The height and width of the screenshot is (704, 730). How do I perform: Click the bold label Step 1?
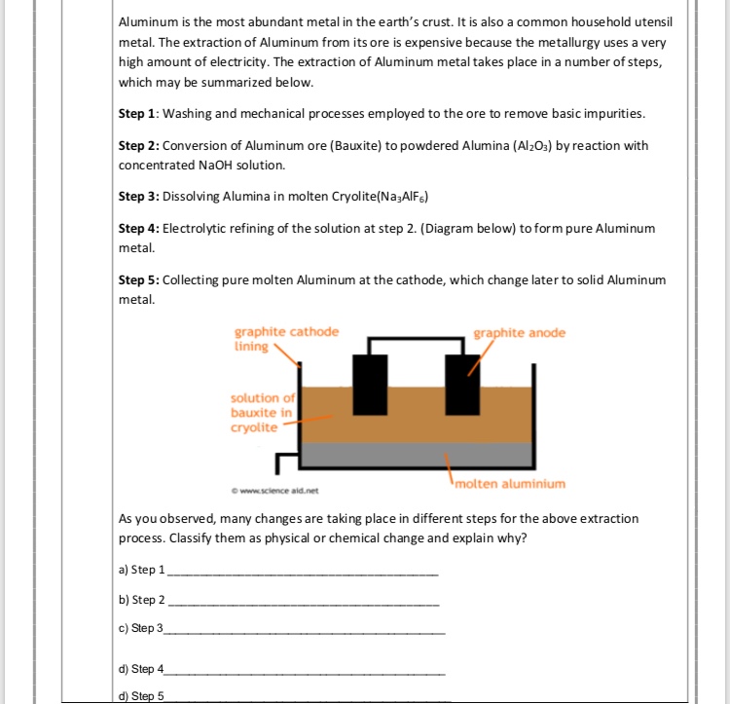138,114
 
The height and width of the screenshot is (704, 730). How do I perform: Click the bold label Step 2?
138,145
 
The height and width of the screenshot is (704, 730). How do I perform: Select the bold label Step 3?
138,196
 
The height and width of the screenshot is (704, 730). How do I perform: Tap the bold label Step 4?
138,228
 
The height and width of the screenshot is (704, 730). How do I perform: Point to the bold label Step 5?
138,279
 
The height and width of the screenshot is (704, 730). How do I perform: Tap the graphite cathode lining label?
286,339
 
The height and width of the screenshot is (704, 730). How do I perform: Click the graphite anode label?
519,333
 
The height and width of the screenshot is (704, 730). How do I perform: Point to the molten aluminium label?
509,484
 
